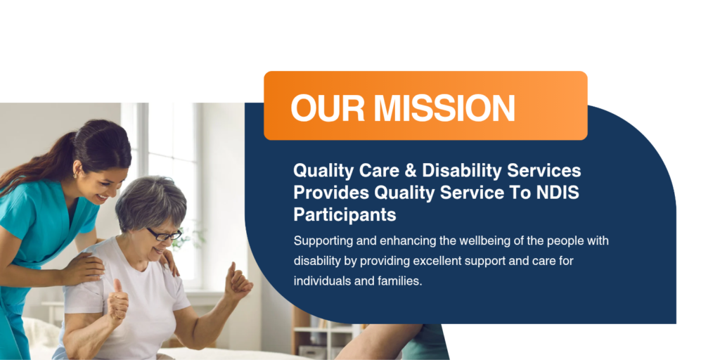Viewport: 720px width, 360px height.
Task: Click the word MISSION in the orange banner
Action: pos(444,108)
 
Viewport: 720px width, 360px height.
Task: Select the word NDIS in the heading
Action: pos(558,193)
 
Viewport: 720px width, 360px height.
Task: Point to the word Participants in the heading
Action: pos(345,215)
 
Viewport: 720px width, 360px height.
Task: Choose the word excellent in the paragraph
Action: pos(435,261)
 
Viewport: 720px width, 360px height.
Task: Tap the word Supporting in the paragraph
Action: pos(318,241)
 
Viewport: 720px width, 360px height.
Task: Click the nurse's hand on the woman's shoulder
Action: pos(84,268)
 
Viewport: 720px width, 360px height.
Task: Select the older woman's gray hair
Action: pos(149,202)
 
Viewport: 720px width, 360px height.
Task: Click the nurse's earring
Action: pos(76,175)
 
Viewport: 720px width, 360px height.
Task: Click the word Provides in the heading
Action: pos(330,193)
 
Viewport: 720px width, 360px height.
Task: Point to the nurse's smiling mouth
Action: pos(102,198)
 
